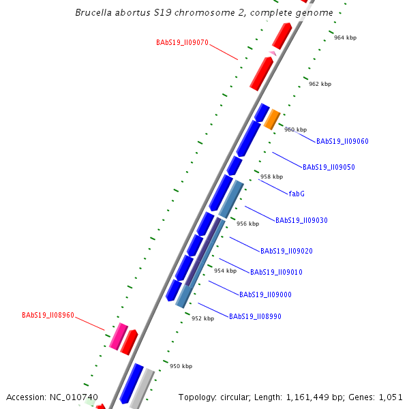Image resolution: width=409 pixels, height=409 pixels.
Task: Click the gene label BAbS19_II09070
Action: (182, 42)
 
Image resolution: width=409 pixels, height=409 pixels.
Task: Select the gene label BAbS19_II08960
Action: (48, 316)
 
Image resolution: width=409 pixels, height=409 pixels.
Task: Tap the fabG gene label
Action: (297, 194)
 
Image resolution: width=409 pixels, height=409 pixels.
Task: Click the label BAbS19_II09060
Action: (342, 142)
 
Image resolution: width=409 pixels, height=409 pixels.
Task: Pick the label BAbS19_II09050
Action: (329, 168)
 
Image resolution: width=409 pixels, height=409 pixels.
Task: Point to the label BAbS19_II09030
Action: (301, 221)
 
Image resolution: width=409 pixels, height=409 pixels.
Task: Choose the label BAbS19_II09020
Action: (286, 252)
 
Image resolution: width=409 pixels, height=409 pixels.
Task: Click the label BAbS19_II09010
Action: (276, 273)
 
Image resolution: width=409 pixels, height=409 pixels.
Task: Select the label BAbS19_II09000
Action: (265, 295)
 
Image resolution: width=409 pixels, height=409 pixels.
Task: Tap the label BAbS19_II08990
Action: (255, 317)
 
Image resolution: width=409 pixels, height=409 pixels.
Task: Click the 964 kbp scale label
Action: (345, 38)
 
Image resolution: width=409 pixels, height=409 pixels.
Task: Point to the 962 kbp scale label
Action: (320, 85)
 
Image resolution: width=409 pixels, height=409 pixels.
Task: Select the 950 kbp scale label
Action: (181, 367)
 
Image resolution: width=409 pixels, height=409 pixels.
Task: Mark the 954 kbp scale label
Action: (225, 271)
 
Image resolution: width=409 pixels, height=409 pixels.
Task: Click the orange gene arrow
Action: (272, 119)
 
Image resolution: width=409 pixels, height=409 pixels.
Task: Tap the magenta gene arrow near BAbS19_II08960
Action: (119, 336)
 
